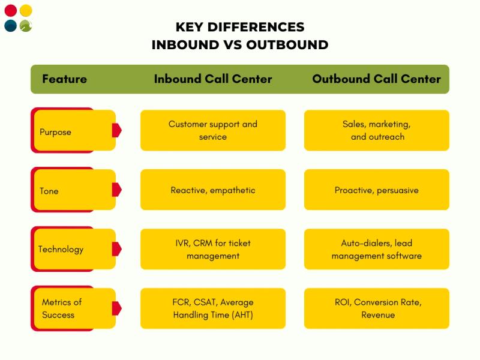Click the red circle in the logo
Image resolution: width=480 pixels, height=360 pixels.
(x=10, y=11)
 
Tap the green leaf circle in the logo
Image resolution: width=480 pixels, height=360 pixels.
(x=26, y=26)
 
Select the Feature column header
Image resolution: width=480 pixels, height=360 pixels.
(x=64, y=79)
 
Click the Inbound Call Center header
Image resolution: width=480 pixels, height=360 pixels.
(x=213, y=79)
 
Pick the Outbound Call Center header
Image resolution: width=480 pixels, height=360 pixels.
(x=376, y=79)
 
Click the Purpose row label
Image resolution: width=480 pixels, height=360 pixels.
(x=55, y=132)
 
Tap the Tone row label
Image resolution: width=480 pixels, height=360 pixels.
(x=49, y=191)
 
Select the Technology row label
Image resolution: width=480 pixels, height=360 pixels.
(x=61, y=250)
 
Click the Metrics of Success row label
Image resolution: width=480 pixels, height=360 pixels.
(x=61, y=308)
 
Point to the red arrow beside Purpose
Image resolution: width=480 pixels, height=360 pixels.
(x=116, y=130)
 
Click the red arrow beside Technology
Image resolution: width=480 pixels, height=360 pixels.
(x=116, y=248)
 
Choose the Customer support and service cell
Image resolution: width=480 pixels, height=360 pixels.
(x=213, y=130)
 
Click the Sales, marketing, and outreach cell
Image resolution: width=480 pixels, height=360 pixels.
(x=376, y=130)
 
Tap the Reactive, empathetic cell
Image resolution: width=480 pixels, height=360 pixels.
(x=213, y=190)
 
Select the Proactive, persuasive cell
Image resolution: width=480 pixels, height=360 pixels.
(x=376, y=190)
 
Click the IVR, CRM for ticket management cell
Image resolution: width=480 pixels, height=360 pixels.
(x=213, y=250)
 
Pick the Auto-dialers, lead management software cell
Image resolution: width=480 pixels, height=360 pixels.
(x=376, y=250)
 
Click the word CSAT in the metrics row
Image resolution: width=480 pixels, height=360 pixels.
(x=205, y=302)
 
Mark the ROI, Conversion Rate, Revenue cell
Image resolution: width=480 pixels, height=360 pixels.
(x=376, y=308)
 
